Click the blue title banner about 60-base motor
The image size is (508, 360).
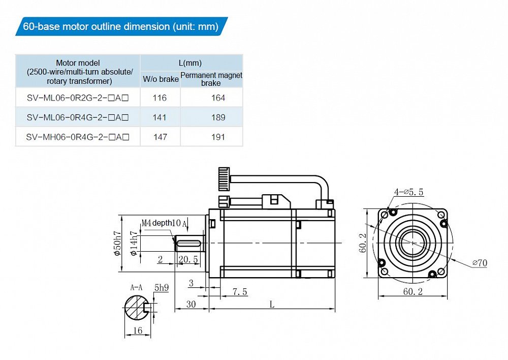(x=121, y=26)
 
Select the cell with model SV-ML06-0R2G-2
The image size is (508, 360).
(x=78, y=98)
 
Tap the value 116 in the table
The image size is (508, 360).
(x=160, y=98)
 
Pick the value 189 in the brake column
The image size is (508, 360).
(x=218, y=117)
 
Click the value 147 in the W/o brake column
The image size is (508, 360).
(x=160, y=137)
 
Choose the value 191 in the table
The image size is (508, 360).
(x=218, y=137)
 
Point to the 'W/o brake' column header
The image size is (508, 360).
(x=161, y=79)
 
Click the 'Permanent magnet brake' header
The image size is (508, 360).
(x=211, y=79)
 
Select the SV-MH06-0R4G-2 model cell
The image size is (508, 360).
(x=78, y=137)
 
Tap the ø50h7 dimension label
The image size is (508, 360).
(x=117, y=243)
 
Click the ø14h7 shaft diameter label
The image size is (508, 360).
(x=134, y=243)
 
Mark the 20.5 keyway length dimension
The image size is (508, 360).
(x=188, y=259)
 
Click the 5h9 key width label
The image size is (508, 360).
(x=162, y=287)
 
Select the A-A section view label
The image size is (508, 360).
(x=136, y=287)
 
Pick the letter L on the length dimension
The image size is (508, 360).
(x=272, y=304)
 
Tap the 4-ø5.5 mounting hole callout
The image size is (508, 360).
(x=408, y=192)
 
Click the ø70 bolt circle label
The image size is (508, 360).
(x=480, y=262)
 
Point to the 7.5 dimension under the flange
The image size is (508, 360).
(x=240, y=291)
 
